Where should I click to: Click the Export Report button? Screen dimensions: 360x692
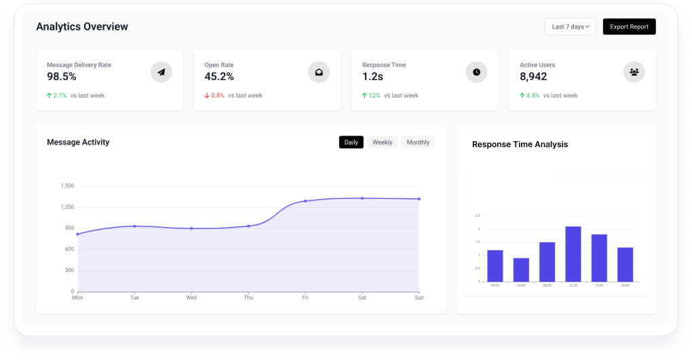(x=629, y=27)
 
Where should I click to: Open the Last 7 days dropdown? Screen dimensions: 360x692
(x=570, y=27)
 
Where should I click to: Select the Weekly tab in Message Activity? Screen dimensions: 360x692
(x=382, y=142)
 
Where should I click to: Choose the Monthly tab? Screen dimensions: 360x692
(x=418, y=142)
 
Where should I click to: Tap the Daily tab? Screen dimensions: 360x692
(x=351, y=142)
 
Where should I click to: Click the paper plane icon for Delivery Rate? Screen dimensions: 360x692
(x=161, y=72)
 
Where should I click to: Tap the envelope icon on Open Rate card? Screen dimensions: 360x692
(x=319, y=72)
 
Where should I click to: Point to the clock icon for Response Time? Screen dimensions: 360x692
(x=476, y=72)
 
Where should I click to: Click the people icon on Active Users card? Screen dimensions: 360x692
(x=634, y=72)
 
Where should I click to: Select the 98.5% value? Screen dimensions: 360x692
(x=62, y=77)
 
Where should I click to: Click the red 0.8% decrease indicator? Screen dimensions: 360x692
(x=214, y=96)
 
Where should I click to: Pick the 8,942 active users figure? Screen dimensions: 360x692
(x=533, y=77)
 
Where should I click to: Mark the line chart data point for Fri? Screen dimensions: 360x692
(x=305, y=201)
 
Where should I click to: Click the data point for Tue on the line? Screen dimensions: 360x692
(x=134, y=226)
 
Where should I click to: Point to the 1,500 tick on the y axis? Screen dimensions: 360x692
(x=67, y=186)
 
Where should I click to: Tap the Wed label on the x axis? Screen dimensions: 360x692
(x=191, y=298)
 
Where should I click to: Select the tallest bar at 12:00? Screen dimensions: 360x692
(x=573, y=254)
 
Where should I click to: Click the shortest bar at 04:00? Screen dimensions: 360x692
(x=521, y=270)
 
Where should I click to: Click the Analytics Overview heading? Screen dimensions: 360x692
(x=82, y=27)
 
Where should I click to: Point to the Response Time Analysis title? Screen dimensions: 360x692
(x=520, y=144)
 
